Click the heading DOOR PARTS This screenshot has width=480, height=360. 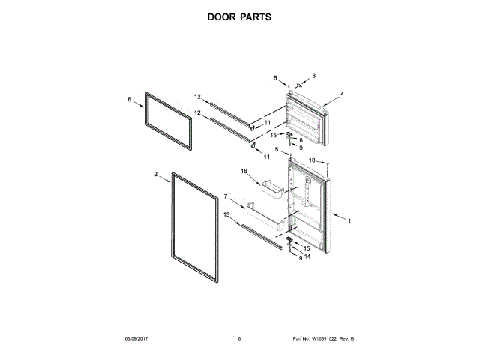click(239, 16)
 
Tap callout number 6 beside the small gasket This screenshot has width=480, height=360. click(129, 98)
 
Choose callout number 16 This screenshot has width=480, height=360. click(244, 172)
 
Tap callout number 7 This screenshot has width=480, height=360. click(226, 196)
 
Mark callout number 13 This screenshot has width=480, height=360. click(226, 214)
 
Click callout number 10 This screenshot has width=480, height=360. click(312, 160)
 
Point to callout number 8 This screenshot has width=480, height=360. click(301, 140)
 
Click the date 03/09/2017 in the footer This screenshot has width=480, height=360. click(137, 339)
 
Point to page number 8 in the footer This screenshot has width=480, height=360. click(239, 339)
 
